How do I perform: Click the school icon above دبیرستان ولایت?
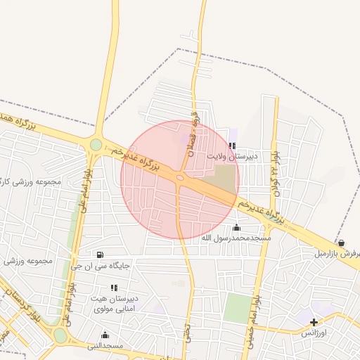click(232, 146)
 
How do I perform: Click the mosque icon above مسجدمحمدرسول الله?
click(236, 227)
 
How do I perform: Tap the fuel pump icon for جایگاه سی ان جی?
click(99, 255)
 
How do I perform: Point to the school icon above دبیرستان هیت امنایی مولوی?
click(114, 288)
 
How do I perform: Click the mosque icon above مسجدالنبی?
click(105, 335)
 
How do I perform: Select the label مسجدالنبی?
click(105, 346)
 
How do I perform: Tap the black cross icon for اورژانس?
click(314, 322)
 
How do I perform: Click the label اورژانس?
click(314, 333)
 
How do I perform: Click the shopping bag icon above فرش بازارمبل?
click(341, 243)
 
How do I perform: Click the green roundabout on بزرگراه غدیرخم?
click(96, 145)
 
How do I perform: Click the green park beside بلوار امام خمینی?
click(238, 308)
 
